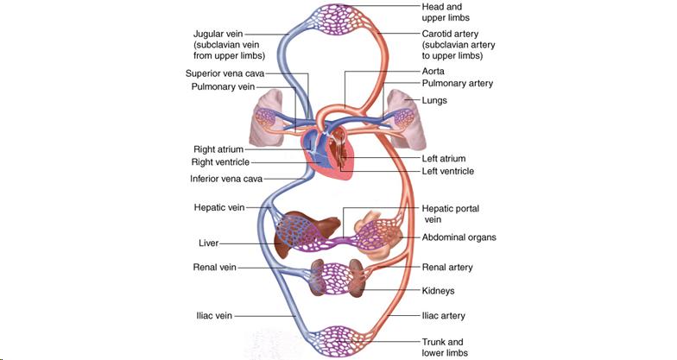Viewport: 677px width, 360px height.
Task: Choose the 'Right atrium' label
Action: (218, 149)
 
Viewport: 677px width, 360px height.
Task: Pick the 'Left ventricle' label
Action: (448, 171)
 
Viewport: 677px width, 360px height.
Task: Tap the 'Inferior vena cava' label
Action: (226, 179)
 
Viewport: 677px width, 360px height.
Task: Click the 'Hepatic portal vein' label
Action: (450, 209)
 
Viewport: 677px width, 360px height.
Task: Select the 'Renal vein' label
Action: (215, 268)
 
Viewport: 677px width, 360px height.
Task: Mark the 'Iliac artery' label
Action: (446, 317)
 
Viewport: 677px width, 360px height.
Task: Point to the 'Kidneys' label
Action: (439, 291)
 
